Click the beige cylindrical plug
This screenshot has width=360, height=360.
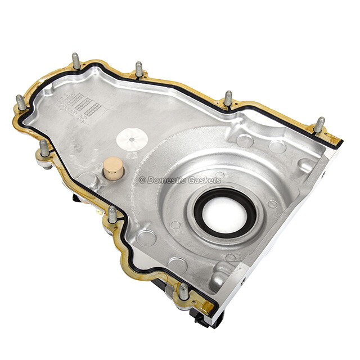pos(113,168)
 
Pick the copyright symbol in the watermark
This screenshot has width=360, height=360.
pos(142,180)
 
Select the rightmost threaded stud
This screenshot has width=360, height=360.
pos(319,124)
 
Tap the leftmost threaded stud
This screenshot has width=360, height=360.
pos(21,102)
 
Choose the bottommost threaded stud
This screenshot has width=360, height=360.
pos(183,291)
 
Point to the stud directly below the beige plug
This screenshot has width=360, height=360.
pos(112,214)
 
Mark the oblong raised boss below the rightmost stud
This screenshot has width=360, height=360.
pos(307,165)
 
